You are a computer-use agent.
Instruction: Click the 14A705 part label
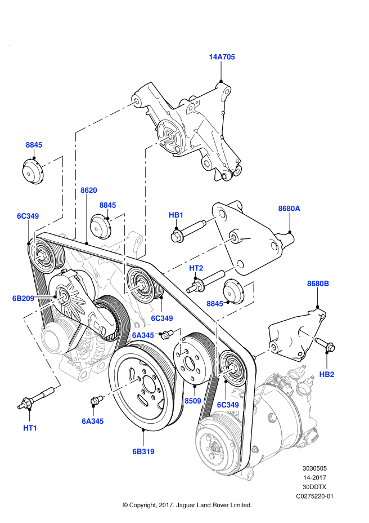coord(222,57)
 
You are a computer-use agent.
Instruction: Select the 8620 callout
coord(88,190)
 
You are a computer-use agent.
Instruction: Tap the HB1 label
coord(176,215)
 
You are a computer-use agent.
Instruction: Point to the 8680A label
coord(289,209)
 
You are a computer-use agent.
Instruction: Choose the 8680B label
coord(318,283)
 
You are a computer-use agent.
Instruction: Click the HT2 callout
coord(196,268)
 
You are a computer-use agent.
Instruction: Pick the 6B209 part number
coord(24,298)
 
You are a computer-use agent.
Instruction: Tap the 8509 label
coord(193,401)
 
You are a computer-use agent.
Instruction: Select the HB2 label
coord(327,374)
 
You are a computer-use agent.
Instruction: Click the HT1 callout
coord(30,428)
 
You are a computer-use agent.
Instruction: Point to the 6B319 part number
coord(143,451)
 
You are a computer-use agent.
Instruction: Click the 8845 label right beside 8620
coord(107,205)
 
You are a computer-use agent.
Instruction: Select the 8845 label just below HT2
coord(215,304)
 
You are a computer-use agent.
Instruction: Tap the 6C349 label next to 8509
coord(228,405)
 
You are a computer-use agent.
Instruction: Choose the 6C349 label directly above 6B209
coord(28,216)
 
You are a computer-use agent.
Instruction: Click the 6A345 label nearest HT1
coord(93,421)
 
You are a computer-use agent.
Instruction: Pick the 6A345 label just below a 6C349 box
coord(143,335)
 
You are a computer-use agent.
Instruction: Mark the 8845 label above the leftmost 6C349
coord(34,145)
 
